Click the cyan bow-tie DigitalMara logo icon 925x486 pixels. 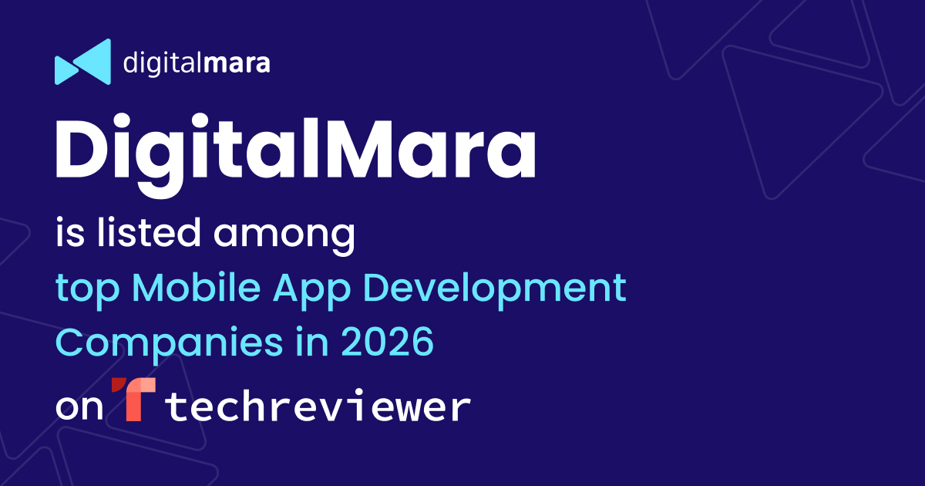[83, 62]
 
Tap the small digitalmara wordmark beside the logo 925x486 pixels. [197, 63]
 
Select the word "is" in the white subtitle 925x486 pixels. [70, 233]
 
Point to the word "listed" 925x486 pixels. [149, 232]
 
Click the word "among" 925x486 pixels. [284, 236]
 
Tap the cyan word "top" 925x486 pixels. [88, 290]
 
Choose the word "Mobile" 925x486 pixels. [196, 286]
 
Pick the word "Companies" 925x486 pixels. [170, 344]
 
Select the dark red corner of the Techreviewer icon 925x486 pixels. [119, 385]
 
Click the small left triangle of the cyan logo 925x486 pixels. [66, 70]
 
